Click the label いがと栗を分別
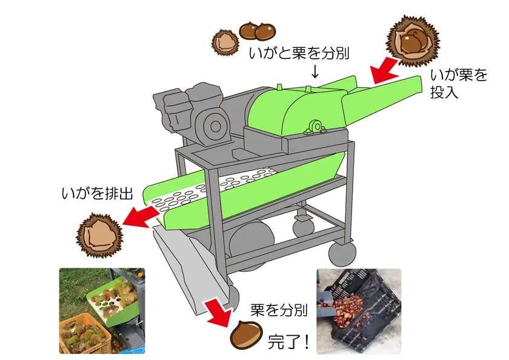299,53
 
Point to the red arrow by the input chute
384,71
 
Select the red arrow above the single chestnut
217,310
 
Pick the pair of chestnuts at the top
256,30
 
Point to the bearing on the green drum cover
316,127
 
